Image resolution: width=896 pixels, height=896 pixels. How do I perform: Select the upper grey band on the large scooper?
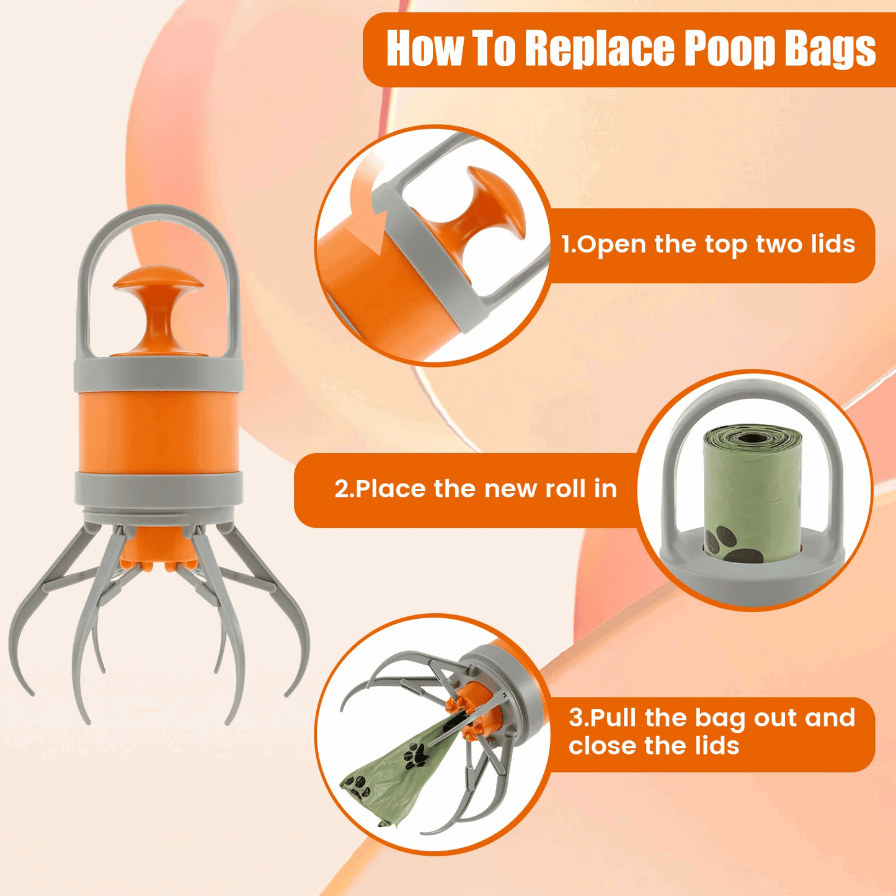pyautogui.click(x=157, y=375)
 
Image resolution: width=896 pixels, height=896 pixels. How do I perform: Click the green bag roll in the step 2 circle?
pyautogui.click(x=752, y=484)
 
